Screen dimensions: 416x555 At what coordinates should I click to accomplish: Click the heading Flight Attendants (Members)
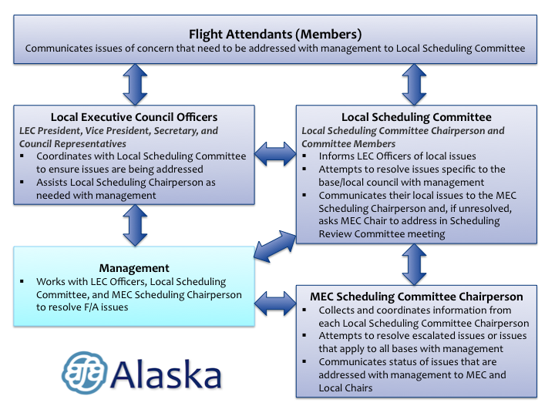pos(275,34)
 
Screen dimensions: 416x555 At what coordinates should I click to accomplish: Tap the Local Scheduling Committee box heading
pos(416,117)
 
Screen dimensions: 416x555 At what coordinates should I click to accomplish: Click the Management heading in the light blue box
pos(134,268)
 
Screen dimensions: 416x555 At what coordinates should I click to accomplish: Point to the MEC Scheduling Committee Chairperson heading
pos(415,296)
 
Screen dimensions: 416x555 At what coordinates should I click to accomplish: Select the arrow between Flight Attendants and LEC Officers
pos(136,84)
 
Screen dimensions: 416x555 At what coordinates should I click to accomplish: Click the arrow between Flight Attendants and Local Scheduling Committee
pos(415,84)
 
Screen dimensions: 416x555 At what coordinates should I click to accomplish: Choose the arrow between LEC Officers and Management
pos(136,226)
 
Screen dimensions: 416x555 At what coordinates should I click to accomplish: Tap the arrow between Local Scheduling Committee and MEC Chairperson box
pos(415,263)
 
